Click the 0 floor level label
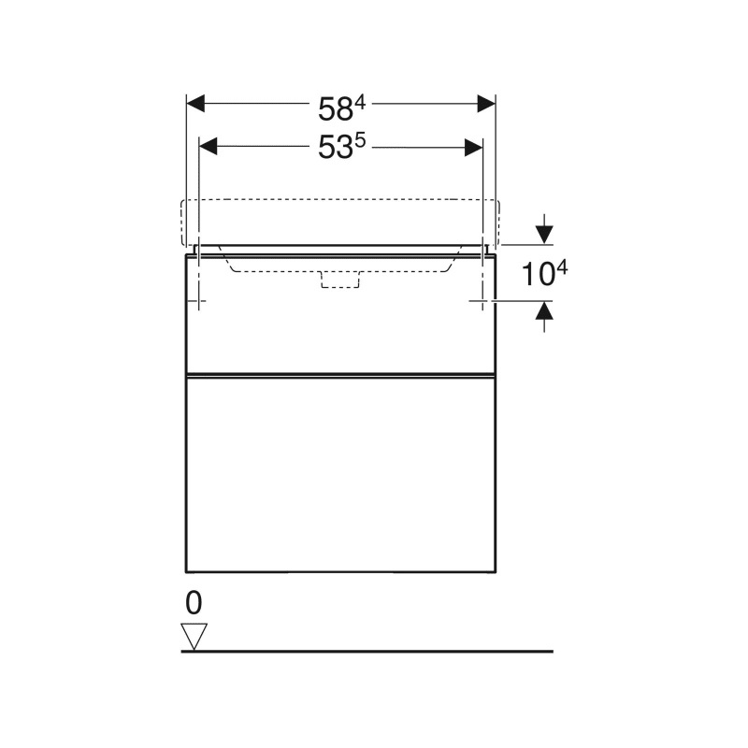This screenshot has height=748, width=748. tap(194, 603)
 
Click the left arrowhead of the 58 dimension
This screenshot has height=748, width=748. tap(195, 104)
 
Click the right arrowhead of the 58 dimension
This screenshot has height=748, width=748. tap(486, 104)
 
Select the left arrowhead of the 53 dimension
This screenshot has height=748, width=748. tap(208, 147)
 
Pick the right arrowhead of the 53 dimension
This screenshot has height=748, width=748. tap(473, 148)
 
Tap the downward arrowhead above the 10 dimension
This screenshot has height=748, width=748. tap(544, 235)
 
